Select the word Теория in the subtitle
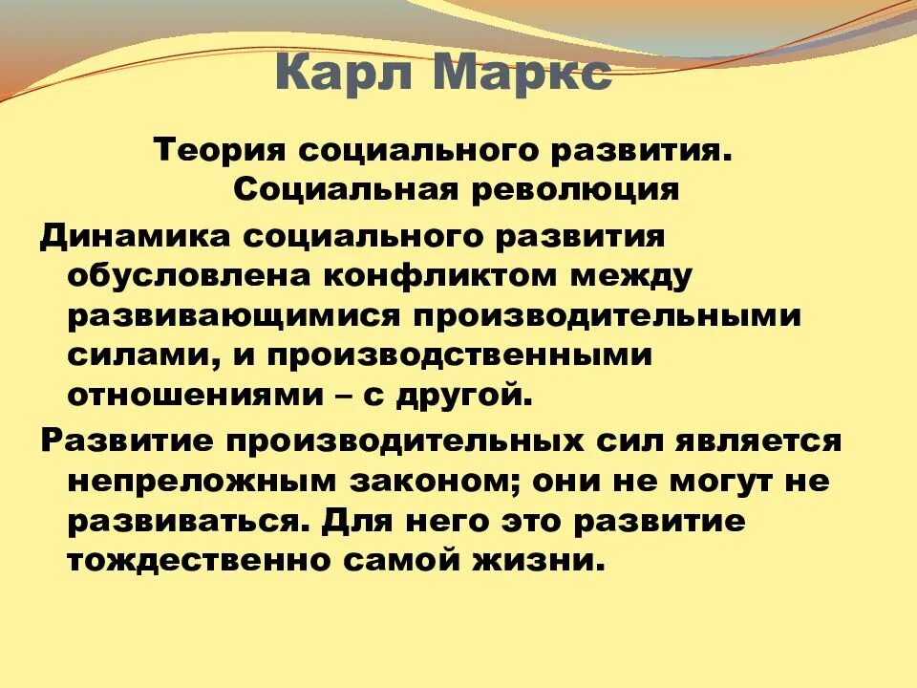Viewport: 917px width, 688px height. coord(222,150)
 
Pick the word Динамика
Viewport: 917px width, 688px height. coord(129,236)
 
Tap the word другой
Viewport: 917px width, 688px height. coord(467,395)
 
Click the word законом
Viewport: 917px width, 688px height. coord(445,482)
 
